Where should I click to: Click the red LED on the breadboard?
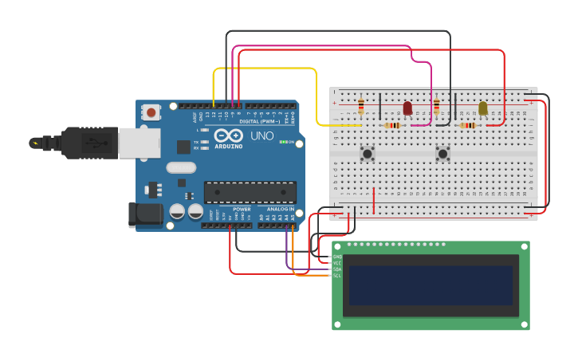point(407,108)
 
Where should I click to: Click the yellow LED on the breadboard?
point(482,108)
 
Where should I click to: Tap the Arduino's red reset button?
point(151,113)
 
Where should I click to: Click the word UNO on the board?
point(262,136)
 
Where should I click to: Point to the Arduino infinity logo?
point(229,135)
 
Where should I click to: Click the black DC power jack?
point(145,214)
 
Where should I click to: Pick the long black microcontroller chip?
point(250,192)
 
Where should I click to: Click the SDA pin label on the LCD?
point(337,269)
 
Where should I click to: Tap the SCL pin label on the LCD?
point(337,276)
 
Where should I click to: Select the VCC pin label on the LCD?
point(337,263)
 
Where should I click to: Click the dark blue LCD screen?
point(431,285)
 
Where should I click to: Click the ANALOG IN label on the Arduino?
point(280,209)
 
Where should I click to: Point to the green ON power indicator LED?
point(282,142)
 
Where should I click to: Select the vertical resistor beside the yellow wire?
point(361,105)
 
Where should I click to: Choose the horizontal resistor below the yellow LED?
point(468,125)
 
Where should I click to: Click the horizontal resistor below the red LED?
point(392,125)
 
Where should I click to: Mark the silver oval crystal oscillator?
point(181,167)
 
